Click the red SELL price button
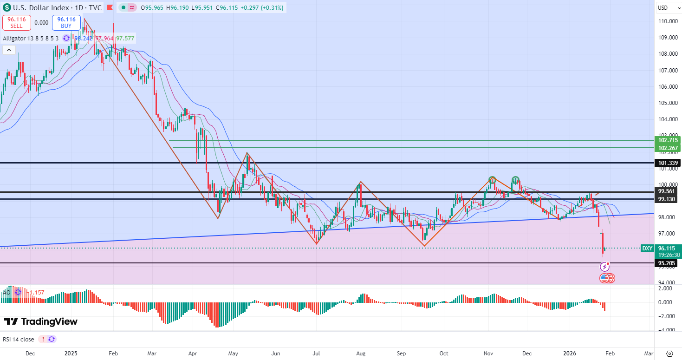pyautogui.click(x=17, y=23)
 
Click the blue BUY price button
pyautogui.click(x=66, y=23)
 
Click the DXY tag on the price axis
pyautogui.click(x=647, y=249)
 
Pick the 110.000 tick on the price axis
pyautogui.click(x=665, y=21)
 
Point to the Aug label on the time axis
pyautogui.click(x=360, y=353)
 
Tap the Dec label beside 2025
pyautogui.click(x=30, y=353)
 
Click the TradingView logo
pyautogui.click(x=41, y=321)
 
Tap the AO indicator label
pyautogui.click(x=6, y=293)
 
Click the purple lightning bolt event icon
pyautogui.click(x=604, y=267)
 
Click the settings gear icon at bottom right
pyautogui.click(x=669, y=353)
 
